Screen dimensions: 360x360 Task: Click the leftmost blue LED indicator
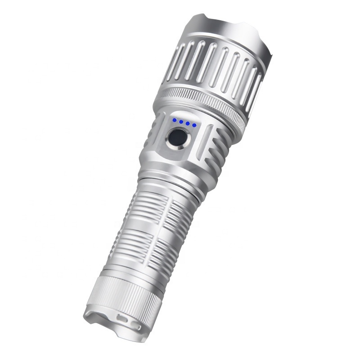click(x=174, y=120)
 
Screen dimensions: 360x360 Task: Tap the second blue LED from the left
click(x=180, y=121)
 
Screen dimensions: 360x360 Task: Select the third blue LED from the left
click(x=187, y=123)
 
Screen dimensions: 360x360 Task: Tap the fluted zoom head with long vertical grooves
click(x=216, y=67)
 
